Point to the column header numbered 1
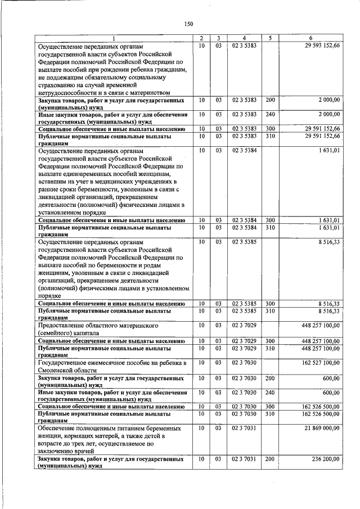[112, 38]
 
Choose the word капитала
[85, 332]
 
